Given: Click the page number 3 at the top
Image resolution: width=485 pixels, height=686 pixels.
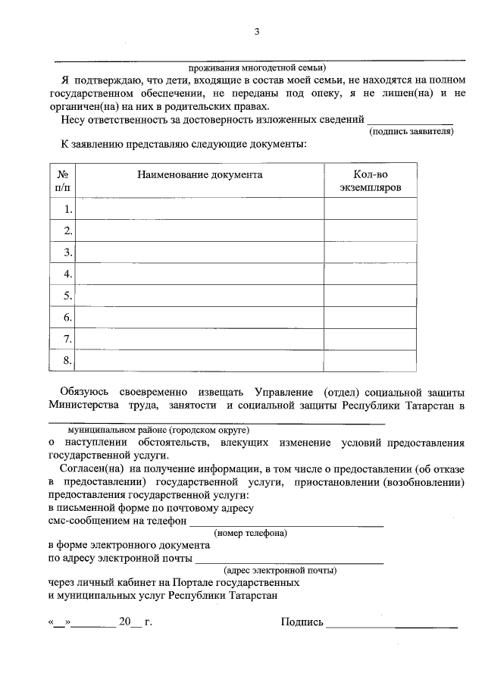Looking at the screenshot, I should click(257, 31).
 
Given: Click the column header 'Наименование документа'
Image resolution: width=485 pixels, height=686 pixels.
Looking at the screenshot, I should click(200, 174).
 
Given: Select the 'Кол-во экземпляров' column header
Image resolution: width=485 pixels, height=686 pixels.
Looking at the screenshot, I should click(371, 180).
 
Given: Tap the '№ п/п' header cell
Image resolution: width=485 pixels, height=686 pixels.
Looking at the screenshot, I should click(63, 180).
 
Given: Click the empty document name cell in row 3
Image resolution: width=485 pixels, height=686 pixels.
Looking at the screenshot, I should click(200, 252).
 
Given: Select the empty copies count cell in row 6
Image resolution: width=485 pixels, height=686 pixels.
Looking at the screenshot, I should click(371, 318).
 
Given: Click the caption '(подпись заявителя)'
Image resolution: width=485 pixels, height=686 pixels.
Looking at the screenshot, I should click(411, 132).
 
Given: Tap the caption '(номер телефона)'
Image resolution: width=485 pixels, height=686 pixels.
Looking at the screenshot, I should click(250, 533).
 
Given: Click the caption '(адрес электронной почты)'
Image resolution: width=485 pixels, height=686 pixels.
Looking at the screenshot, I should click(280, 569).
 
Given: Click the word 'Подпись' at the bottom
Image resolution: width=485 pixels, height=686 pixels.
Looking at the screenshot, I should click(302, 622).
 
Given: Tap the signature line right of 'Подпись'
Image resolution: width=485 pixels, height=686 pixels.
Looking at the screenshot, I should click(392, 625).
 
